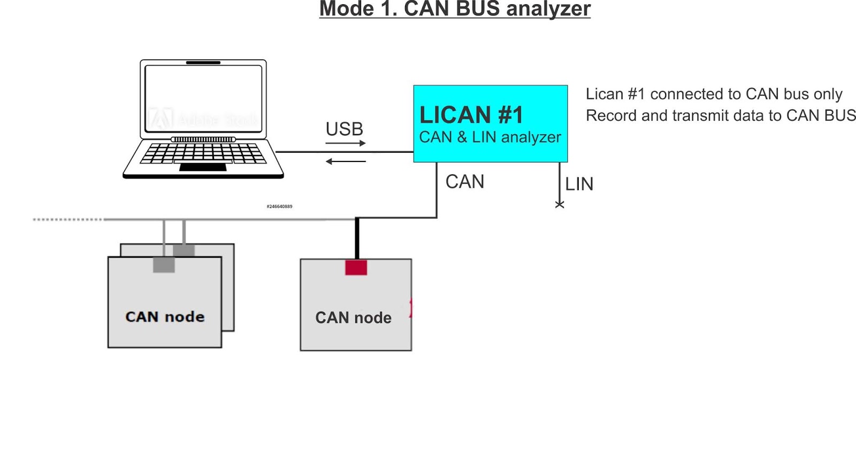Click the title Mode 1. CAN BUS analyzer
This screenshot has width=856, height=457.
[455, 9]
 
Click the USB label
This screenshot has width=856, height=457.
[345, 129]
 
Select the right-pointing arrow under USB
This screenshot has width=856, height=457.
[346, 143]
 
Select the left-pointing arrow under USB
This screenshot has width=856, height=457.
[346, 161]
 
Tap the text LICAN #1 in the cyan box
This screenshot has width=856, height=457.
[471, 115]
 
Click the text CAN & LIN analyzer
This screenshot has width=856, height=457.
[490, 137]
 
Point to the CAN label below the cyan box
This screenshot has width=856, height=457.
[464, 182]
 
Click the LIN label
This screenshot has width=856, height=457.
[579, 184]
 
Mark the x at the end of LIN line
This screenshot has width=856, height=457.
[560, 205]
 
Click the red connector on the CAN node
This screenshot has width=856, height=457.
[356, 267]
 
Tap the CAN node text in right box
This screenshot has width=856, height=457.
[353, 317]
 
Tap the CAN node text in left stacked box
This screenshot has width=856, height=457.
[165, 316]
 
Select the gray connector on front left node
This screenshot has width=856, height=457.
[164, 265]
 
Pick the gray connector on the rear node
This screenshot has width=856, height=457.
[184, 250]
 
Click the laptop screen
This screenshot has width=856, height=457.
[203, 99]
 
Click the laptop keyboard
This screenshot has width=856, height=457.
[203, 153]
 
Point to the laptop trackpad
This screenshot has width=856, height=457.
[203, 167]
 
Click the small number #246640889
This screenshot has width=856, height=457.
[279, 206]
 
